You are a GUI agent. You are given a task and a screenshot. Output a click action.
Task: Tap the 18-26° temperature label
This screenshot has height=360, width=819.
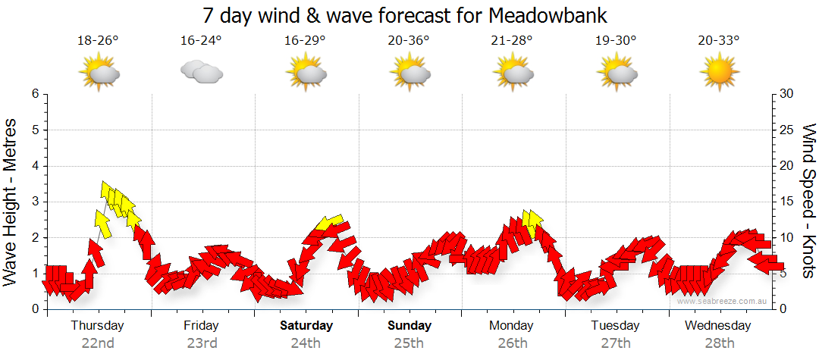point(98,40)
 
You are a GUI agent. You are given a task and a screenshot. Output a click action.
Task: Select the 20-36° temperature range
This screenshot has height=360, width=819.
point(408,40)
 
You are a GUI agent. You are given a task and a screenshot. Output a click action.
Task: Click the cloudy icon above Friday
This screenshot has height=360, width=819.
point(201,72)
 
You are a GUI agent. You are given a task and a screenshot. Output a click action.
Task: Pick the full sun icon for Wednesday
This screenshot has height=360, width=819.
point(719,74)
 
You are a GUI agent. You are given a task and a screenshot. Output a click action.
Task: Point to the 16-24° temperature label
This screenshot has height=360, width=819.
point(201,40)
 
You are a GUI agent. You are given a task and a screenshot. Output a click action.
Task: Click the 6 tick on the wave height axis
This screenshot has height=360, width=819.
point(35,94)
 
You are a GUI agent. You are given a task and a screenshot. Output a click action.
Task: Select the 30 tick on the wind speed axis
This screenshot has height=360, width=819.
point(787,94)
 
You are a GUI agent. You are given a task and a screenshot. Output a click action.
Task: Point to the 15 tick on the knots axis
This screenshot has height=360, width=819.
point(787,202)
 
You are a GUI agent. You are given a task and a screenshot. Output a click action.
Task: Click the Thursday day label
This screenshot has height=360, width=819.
point(98,326)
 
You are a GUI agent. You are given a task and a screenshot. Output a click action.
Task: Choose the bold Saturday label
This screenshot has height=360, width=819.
point(306,326)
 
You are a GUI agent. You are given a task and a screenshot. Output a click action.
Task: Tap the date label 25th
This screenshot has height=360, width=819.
point(409,343)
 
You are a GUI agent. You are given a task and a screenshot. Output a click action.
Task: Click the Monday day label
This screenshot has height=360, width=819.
point(512,326)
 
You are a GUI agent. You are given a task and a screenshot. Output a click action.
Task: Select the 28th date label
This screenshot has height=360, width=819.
point(719,343)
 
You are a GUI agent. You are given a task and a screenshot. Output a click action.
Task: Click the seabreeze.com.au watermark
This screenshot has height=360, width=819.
point(723,301)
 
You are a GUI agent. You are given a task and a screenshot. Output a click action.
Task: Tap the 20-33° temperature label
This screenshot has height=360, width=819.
point(719,40)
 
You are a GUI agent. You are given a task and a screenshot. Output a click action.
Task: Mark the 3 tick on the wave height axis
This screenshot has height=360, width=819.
point(35,202)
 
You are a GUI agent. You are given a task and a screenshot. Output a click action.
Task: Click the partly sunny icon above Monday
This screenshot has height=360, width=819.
point(512,74)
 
